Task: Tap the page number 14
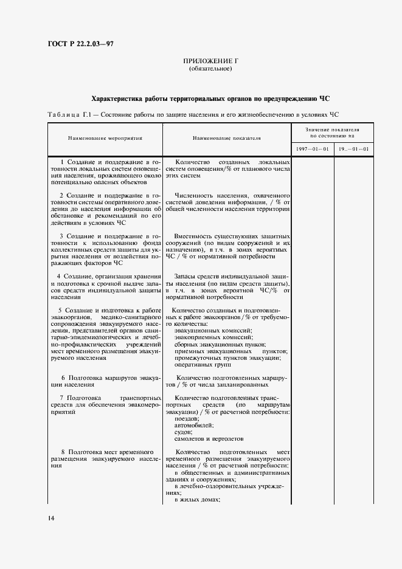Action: point(51,518)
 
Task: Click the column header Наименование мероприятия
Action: point(105,138)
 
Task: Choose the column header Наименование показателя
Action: point(226,138)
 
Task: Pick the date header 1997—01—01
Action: point(313,150)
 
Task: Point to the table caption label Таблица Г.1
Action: point(68,114)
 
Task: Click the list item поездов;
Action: point(185,419)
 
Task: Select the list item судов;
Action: point(182,432)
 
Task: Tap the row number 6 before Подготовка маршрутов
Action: point(63,378)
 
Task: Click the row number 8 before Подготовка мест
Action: point(63,452)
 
